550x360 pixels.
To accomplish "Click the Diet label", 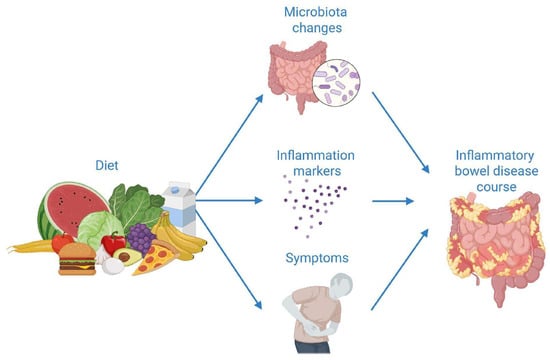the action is coord(107,165).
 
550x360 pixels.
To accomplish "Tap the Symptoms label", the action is coord(317,258).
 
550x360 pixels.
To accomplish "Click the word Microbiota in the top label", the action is coord(315,12).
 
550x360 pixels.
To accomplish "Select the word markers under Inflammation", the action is coord(317,171).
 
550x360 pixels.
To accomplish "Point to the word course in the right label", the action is coord(496,187).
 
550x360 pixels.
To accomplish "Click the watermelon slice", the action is coord(72,209).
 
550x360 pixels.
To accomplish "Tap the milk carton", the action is coord(180,208).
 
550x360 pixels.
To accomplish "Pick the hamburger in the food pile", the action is coord(77,259).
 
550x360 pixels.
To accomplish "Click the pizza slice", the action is coord(156,257).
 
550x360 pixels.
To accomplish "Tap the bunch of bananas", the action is coord(179,236).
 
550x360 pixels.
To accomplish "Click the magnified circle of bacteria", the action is coord(336,83).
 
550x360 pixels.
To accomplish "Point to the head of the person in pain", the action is coord(341,285).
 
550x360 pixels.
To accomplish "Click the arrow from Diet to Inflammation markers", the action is coord(229,200).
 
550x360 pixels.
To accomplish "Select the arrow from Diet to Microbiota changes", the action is coord(229,145).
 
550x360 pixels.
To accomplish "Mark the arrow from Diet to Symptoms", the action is coord(229,260).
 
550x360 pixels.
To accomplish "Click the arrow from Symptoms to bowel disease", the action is coord(400,269).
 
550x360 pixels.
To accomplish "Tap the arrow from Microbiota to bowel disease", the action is coord(401,133).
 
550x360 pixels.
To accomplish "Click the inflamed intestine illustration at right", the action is coord(496,246).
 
